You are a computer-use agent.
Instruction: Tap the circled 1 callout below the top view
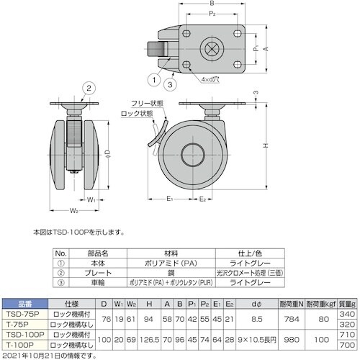pyautogui.click(x=153, y=79)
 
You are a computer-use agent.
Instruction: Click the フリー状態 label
pyautogui.click(x=149, y=104)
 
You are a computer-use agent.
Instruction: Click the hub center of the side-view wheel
pyautogui.click(x=192, y=153)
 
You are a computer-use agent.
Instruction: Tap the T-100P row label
pyautogui.click(x=24, y=346)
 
